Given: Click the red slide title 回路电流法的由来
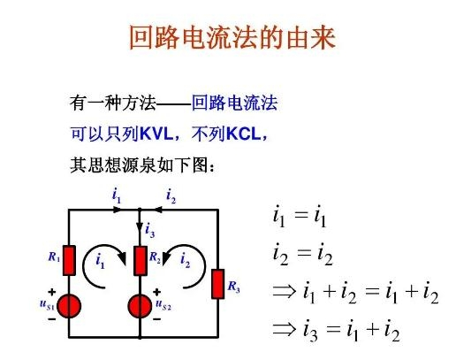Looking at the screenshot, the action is (232, 37).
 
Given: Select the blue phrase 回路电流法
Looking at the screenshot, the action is (234, 103).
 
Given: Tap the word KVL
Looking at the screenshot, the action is (156, 134).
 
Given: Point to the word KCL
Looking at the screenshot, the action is (244, 134).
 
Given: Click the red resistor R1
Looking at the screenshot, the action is (69, 261).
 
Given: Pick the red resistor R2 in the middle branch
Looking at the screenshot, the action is (141, 261).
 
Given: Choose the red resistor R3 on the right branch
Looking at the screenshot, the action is (218, 284).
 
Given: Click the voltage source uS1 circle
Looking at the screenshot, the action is (69, 306).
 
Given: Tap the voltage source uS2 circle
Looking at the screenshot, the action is (140, 306).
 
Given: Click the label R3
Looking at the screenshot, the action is (233, 287).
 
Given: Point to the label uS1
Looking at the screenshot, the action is (47, 304).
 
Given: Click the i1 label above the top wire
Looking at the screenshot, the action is (117, 195).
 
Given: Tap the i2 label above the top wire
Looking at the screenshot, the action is (171, 195).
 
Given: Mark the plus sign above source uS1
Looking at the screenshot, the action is (52, 292).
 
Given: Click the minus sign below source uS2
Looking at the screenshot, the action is (157, 319).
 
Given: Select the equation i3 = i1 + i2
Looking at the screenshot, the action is (336, 330).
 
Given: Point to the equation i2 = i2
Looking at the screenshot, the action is (303, 254).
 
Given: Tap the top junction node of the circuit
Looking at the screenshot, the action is (140, 210).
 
